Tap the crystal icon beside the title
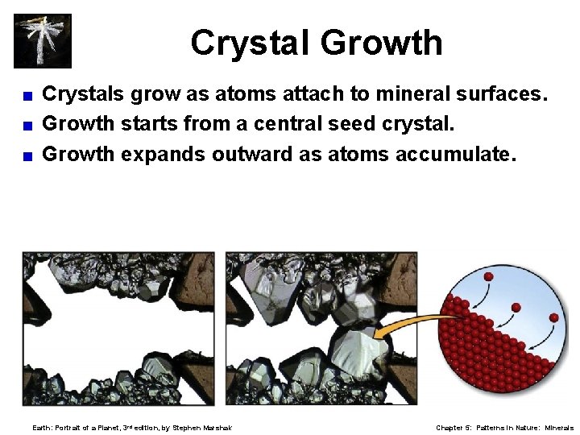pyautogui.click(x=43, y=40)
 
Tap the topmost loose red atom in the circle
pyautogui.click(x=488, y=277)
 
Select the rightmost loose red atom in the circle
pyautogui.click(x=553, y=318)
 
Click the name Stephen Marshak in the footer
pyautogui.click(x=202, y=428)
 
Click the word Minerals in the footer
pyautogui.click(x=559, y=428)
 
